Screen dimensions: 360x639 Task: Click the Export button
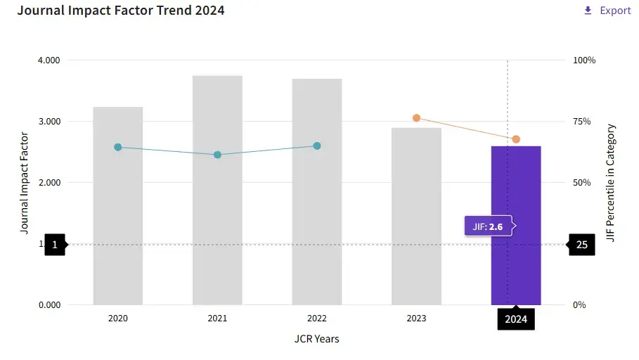click(607, 11)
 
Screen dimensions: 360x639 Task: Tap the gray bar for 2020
click(118, 225)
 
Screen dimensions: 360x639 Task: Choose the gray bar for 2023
click(416, 225)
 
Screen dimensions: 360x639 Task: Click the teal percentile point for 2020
click(118, 147)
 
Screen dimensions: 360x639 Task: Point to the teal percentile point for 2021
click(217, 155)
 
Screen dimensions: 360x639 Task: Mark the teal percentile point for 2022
click(317, 146)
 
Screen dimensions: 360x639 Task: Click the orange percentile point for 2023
click(416, 117)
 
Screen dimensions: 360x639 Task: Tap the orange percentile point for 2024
click(516, 139)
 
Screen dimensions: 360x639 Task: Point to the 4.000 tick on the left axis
click(49, 60)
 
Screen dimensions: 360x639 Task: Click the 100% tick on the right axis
click(584, 60)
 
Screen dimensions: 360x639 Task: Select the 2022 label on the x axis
click(317, 319)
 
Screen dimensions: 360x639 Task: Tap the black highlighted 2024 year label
click(516, 319)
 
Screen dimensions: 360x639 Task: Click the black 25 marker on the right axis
click(581, 245)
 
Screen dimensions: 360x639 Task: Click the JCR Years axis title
click(316, 339)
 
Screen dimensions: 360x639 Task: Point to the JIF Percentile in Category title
click(611, 183)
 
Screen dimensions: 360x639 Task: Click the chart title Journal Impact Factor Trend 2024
click(121, 11)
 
